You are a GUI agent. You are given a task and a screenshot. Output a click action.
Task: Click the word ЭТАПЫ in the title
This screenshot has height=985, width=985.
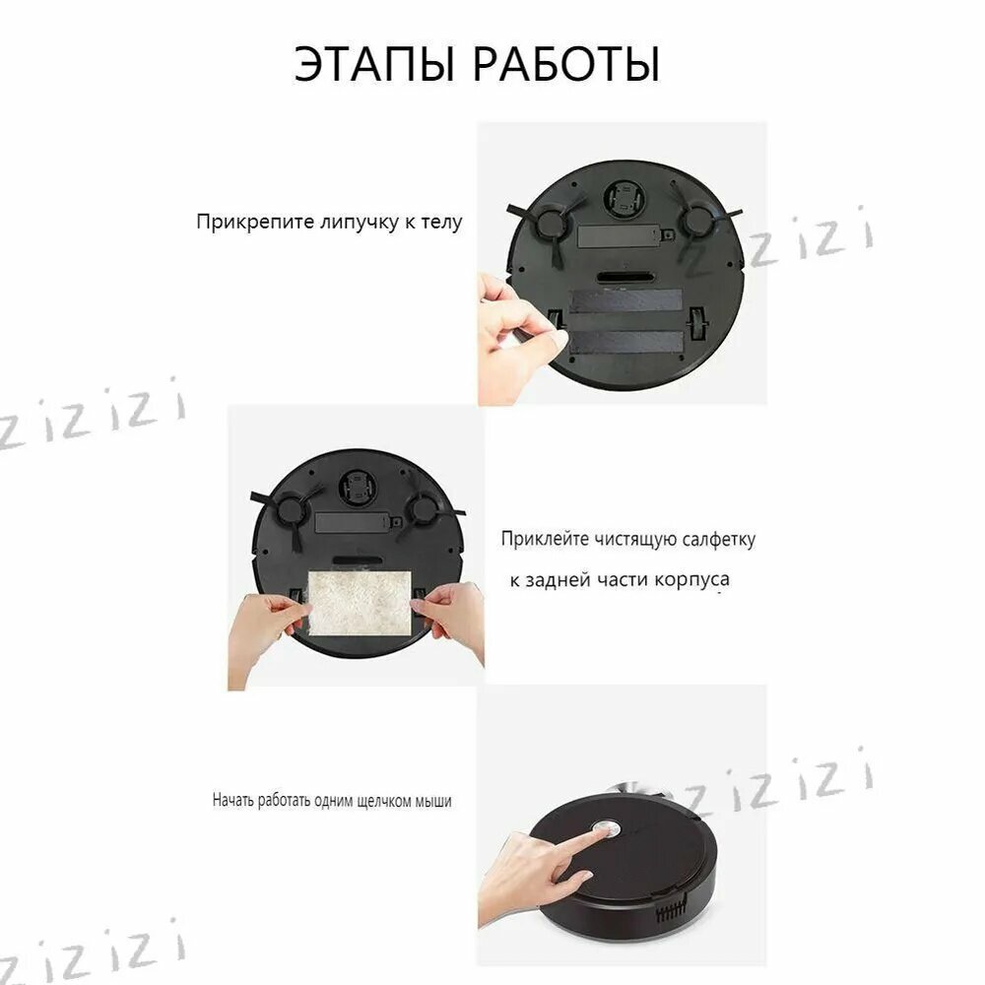click(x=373, y=63)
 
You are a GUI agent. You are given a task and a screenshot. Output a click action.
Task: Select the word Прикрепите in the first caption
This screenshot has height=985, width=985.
click(x=255, y=223)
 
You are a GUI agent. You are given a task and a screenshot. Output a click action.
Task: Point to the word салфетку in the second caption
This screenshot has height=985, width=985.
click(x=719, y=540)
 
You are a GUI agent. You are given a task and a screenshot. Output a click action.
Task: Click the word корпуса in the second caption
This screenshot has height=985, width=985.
click(x=691, y=580)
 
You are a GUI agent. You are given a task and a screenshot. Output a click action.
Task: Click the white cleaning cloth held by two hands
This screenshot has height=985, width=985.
click(x=360, y=602)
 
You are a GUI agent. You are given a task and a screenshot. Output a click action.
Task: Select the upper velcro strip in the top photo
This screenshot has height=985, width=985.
click(x=625, y=300)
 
